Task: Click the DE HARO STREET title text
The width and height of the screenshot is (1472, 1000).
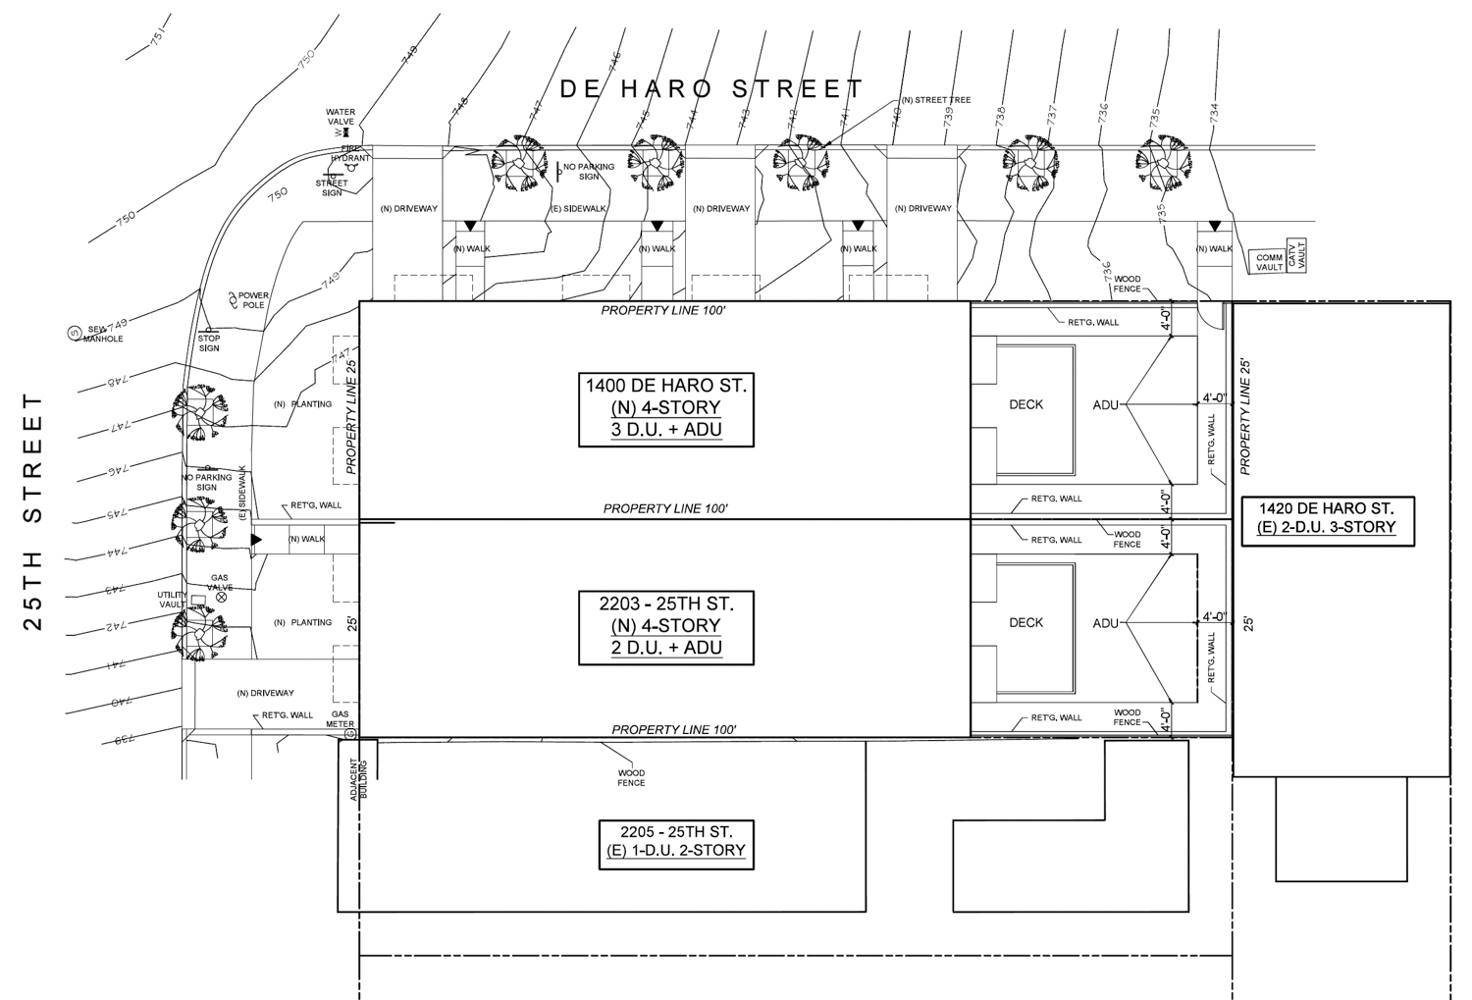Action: click(711, 89)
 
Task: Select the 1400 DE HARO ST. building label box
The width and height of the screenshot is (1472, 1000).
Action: click(666, 408)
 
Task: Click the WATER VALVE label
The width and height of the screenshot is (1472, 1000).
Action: click(341, 118)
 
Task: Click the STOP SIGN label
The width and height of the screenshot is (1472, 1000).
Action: click(209, 342)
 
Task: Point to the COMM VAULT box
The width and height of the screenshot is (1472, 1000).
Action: click(1270, 262)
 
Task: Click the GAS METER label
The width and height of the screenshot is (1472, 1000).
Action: click(342, 719)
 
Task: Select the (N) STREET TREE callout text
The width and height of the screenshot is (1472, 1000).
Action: click(935, 100)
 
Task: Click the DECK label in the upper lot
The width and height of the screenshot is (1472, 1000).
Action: click(1025, 404)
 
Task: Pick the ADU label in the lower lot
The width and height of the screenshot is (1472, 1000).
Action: click(1105, 623)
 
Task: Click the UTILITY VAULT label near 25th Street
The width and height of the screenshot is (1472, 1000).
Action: click(172, 600)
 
